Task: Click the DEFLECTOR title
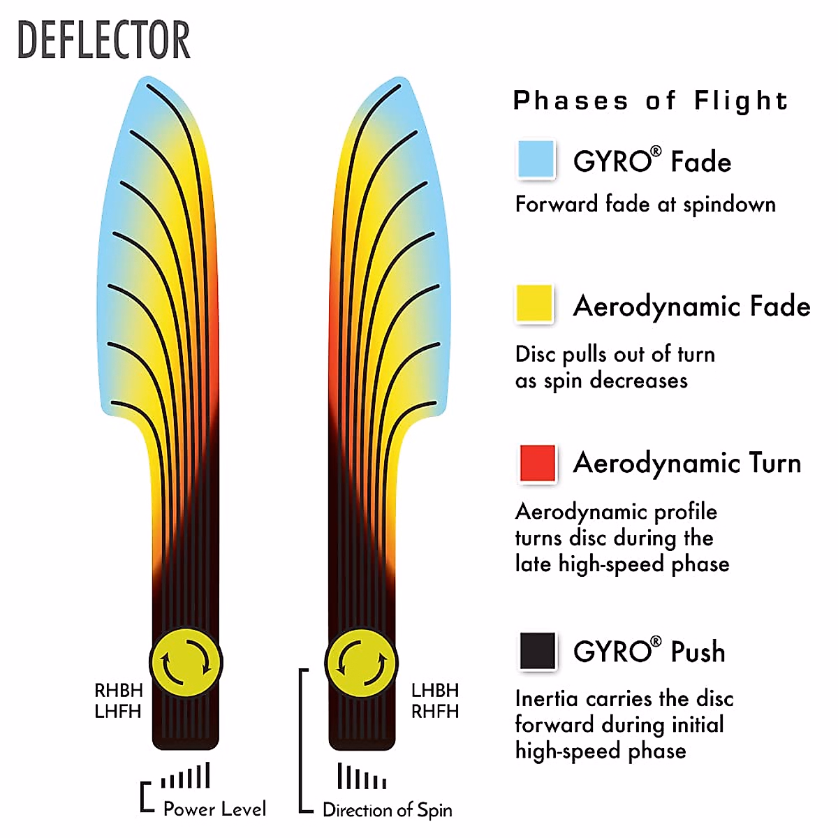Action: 104,40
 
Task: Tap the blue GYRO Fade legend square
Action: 536,159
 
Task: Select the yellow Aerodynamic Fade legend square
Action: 534,303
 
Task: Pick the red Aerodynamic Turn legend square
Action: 538,463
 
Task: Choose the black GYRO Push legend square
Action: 538,651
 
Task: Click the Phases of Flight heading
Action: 650,101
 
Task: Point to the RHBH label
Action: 118,690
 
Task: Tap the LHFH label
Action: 118,712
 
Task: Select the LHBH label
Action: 435,690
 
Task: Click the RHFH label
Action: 435,712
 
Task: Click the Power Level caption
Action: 214,809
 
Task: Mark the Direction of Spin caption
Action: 387,810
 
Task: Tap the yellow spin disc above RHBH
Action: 186,663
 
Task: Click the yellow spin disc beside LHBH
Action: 361,663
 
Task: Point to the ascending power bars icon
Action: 185,775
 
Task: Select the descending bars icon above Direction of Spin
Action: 361,776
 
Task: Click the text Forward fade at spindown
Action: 645,205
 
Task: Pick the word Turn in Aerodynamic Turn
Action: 774,462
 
